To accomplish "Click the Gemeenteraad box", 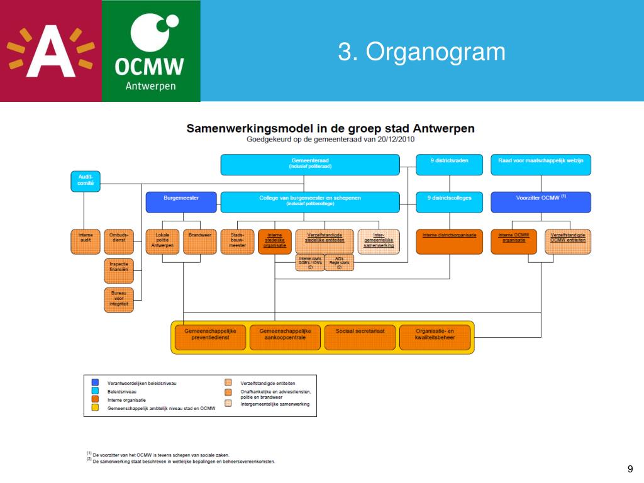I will pos(309,165).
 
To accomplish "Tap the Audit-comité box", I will pos(86,181).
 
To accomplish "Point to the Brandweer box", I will pos(199,241).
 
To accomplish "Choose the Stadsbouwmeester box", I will pos(238,241).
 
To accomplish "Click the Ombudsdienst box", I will pos(118,241).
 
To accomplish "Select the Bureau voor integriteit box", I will pos(118,300).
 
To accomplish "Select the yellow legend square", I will pos(95,408).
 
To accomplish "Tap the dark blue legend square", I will pos(95,382).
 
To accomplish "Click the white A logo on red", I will pos(50,50).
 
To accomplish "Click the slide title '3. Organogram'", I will pos(421,52).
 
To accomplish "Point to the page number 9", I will pos(630,469).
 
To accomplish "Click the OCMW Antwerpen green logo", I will pos(151,50).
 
